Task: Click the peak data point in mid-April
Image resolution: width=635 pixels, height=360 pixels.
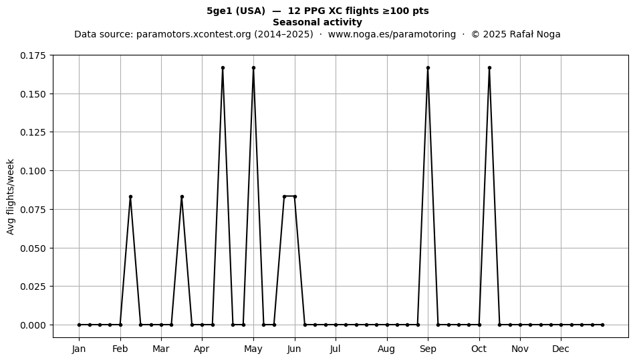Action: tap(223, 68)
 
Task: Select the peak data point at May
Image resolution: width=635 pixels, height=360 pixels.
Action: tap(253, 68)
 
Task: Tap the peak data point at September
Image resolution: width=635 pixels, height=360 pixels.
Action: tap(428, 68)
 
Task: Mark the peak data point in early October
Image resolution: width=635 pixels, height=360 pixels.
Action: tap(489, 68)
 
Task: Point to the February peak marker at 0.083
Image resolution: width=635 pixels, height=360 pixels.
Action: tap(130, 196)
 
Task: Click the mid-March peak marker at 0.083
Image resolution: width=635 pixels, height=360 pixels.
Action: tap(182, 196)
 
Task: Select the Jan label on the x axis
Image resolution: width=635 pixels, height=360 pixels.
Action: tap(79, 349)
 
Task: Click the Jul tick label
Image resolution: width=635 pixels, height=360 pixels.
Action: tap(336, 349)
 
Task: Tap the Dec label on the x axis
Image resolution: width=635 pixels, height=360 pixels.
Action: tap(561, 349)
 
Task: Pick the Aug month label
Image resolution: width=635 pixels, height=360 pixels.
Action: tap(386, 349)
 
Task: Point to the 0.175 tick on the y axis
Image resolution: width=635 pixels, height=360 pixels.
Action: tap(33, 55)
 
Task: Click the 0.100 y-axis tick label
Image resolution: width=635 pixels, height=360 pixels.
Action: tap(33, 171)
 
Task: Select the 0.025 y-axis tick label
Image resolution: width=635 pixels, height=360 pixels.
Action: tap(33, 287)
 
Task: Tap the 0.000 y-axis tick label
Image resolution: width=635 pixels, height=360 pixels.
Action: tap(33, 325)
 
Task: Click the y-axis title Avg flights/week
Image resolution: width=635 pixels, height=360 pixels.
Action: tap(11, 196)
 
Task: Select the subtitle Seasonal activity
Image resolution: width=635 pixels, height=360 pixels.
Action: tap(317, 22)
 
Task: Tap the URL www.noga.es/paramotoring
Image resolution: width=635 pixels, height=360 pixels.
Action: tap(392, 34)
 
